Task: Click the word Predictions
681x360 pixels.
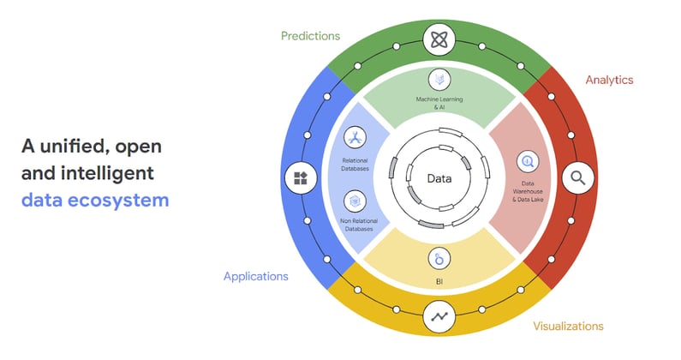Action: click(x=311, y=36)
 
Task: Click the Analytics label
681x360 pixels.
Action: click(x=609, y=80)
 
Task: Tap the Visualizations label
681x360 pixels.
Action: click(x=568, y=326)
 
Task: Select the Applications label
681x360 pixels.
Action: click(x=255, y=276)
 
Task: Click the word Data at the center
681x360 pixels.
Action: click(x=439, y=178)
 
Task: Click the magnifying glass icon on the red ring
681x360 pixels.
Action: click(x=578, y=179)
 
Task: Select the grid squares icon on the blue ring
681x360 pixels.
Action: click(x=299, y=179)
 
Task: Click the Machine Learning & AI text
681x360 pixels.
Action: click(x=439, y=104)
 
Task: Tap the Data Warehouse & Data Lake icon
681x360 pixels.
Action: click(x=526, y=159)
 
